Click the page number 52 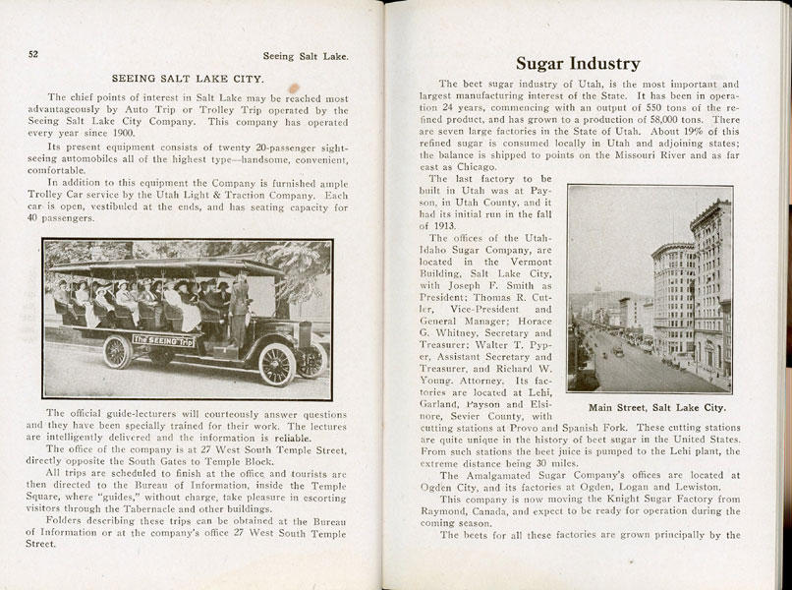[34, 54]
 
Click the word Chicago [469, 167]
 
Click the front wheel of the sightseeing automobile [278, 366]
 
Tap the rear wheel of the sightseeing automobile [119, 350]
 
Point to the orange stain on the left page [292, 88]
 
